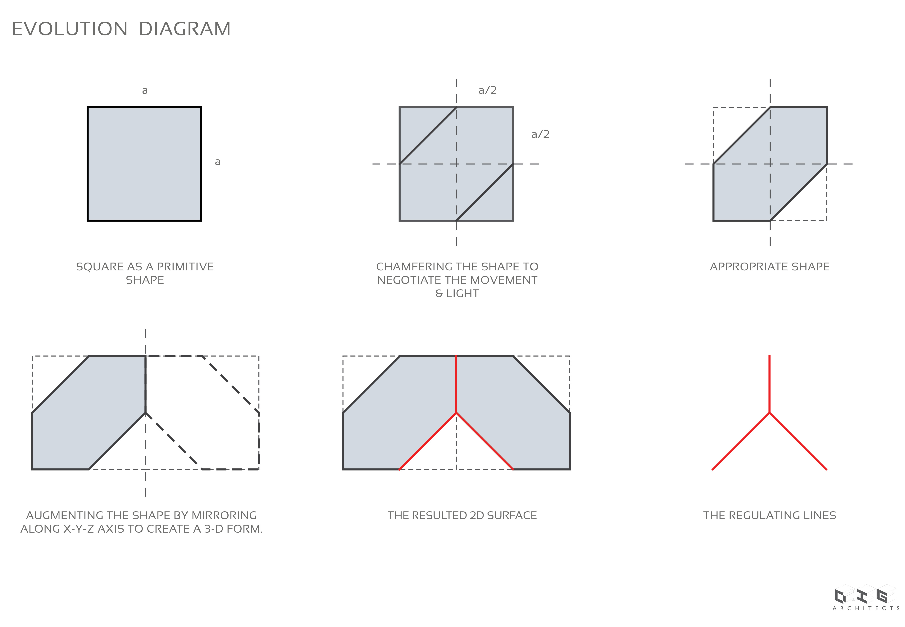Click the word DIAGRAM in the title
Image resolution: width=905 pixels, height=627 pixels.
click(x=185, y=29)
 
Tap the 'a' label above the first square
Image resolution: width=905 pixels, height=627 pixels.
click(x=145, y=91)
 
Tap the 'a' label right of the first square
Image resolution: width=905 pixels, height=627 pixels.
click(x=218, y=162)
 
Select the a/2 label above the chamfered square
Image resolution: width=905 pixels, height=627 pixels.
click(x=487, y=90)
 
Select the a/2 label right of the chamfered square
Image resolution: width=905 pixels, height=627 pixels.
click(x=540, y=134)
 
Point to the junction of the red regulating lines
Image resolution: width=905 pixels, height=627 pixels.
click(x=769, y=413)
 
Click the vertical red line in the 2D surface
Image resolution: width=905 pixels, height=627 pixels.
click(x=456, y=384)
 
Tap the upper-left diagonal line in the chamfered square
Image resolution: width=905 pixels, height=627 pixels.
click(x=428, y=136)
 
